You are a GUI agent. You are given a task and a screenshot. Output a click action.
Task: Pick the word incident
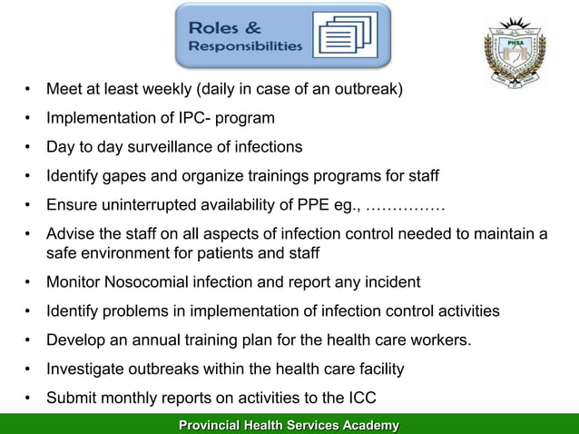(x=390, y=281)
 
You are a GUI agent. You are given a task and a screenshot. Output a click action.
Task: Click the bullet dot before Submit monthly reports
(x=29, y=398)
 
